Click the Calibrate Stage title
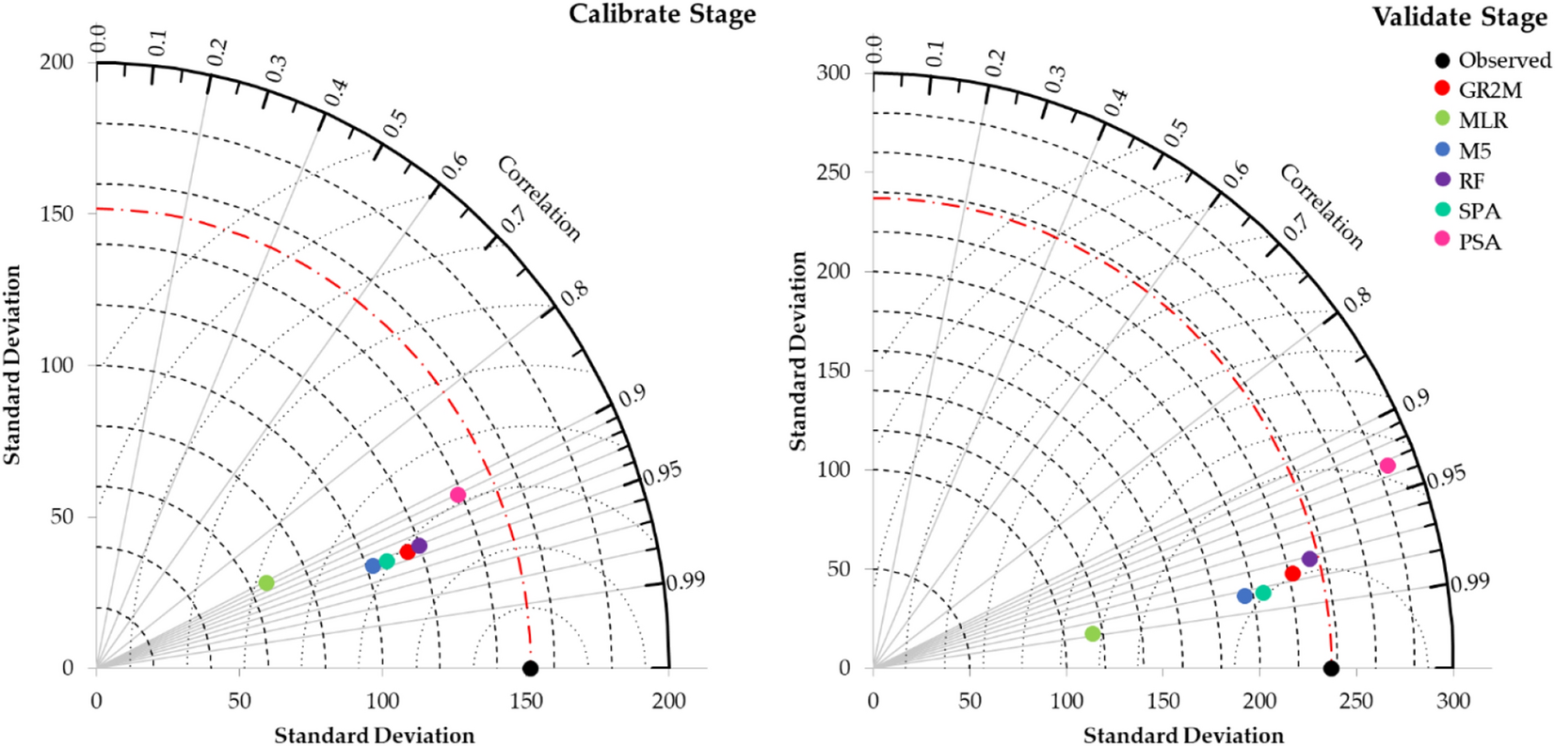662,14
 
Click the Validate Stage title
1458,17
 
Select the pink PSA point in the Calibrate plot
457,495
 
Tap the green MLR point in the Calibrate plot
266,583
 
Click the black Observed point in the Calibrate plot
530,668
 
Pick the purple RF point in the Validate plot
1309,559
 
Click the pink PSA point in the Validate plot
1387,466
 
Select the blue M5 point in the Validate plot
1244,595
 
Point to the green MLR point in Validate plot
1092,634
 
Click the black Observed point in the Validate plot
1330,668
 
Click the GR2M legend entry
1489,90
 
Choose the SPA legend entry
1479,212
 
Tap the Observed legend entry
1503,60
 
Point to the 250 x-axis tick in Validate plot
1356,702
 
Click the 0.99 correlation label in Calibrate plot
685,581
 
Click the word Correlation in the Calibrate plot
538,198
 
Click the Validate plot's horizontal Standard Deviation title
1182,735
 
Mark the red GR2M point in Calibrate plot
408,551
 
